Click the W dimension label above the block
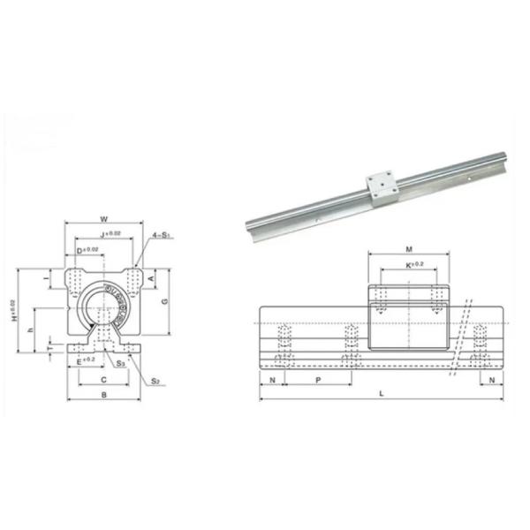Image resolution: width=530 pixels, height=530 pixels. [x=104, y=220]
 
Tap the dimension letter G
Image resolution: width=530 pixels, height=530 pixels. [x=164, y=301]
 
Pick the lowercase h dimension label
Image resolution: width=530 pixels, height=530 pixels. [x=30, y=329]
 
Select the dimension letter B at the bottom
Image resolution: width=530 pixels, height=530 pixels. [x=104, y=397]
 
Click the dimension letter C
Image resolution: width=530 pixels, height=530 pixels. [x=103, y=380]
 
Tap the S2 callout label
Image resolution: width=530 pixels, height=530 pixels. [x=155, y=381]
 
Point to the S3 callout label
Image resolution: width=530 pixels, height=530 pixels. [x=120, y=363]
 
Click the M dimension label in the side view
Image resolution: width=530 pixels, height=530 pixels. [x=409, y=249]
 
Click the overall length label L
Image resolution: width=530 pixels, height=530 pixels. [x=381, y=391]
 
